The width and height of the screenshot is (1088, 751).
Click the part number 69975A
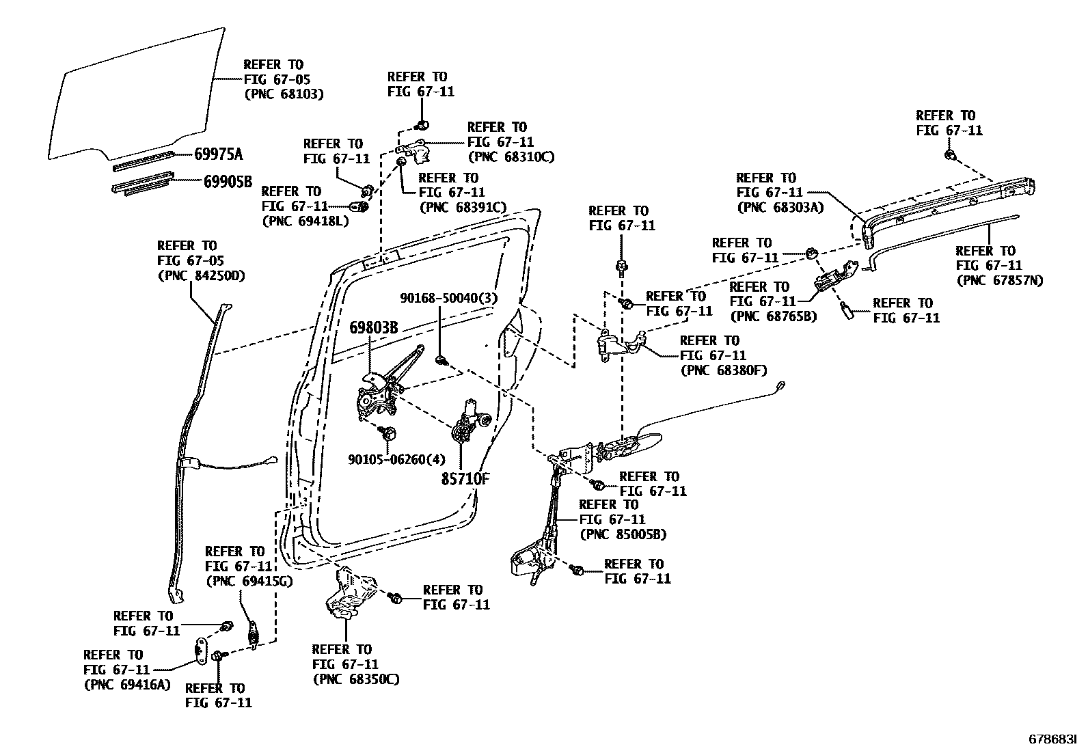[x=218, y=154]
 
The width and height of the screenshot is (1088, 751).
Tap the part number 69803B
[x=373, y=327]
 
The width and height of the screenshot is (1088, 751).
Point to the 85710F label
[x=465, y=479]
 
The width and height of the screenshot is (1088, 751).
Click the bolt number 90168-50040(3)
[x=448, y=298]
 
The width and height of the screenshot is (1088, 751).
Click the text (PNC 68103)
[x=283, y=94]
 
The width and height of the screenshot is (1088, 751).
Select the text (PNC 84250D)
[x=200, y=276]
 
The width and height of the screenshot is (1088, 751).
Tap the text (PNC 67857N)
[x=1000, y=280]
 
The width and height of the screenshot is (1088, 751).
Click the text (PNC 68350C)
[x=355, y=679]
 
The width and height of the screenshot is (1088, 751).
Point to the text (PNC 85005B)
[x=622, y=534]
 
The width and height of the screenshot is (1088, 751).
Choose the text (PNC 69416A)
[x=126, y=685]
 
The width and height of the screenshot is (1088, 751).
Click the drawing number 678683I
[x=1052, y=739]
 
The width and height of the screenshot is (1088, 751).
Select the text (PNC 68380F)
[x=723, y=370]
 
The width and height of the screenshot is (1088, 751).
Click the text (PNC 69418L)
[x=305, y=221]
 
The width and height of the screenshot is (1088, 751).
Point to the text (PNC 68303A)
[x=780, y=208]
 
